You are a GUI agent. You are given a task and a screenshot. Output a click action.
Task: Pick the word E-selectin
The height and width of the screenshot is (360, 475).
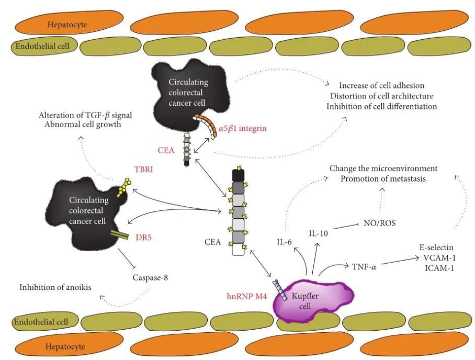437,247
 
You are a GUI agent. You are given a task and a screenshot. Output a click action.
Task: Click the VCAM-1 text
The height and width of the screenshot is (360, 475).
437,257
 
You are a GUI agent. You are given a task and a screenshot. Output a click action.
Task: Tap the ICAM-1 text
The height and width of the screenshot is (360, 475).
437,268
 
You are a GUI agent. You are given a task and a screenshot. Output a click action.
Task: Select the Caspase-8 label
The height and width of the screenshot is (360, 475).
150,277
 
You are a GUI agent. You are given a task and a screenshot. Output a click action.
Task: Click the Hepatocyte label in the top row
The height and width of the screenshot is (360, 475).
67,24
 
